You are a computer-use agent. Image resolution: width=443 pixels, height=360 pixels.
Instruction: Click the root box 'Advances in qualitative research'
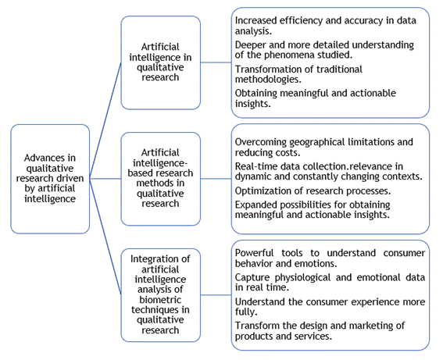click(x=50, y=179)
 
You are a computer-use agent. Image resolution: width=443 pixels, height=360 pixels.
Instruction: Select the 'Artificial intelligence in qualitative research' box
click(x=161, y=62)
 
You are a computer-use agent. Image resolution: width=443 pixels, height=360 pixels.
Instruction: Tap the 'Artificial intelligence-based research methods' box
click(x=161, y=179)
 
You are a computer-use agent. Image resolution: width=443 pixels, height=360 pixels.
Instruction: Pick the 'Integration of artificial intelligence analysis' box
click(x=161, y=295)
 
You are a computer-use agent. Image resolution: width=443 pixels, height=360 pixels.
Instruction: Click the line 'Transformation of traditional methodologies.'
click(x=298, y=74)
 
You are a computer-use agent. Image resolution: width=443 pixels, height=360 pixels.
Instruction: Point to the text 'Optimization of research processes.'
click(x=313, y=191)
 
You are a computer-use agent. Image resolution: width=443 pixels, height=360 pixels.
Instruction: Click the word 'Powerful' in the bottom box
click(x=254, y=253)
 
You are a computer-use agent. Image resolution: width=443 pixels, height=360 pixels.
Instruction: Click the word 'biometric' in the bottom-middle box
click(x=160, y=300)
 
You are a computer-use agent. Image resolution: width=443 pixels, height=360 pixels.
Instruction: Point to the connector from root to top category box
click(x=105, y=120)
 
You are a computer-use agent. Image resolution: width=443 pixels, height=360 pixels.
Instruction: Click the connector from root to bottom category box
click(x=105, y=237)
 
